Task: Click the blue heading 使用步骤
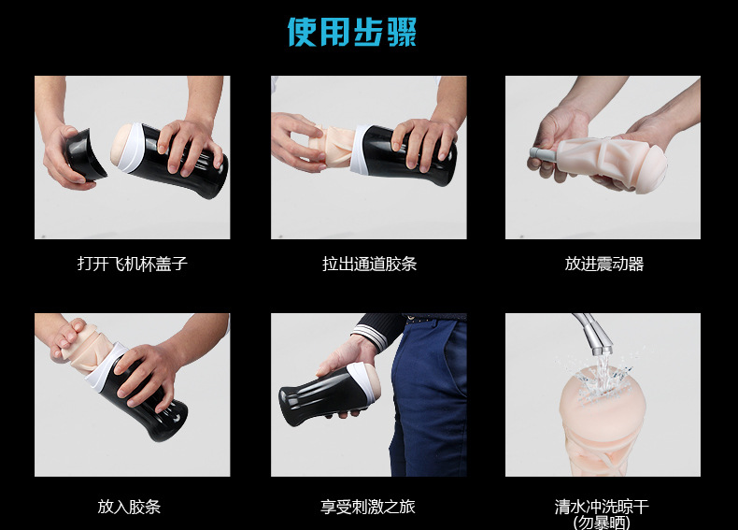pos(351,32)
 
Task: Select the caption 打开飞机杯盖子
pos(132,264)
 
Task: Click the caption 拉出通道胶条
pos(368,264)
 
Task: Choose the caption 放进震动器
pos(603,264)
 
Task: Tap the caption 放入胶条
pos(129,507)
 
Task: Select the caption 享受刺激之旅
pos(368,507)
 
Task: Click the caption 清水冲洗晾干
pos(601,507)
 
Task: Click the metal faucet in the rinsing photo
pos(590,330)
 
